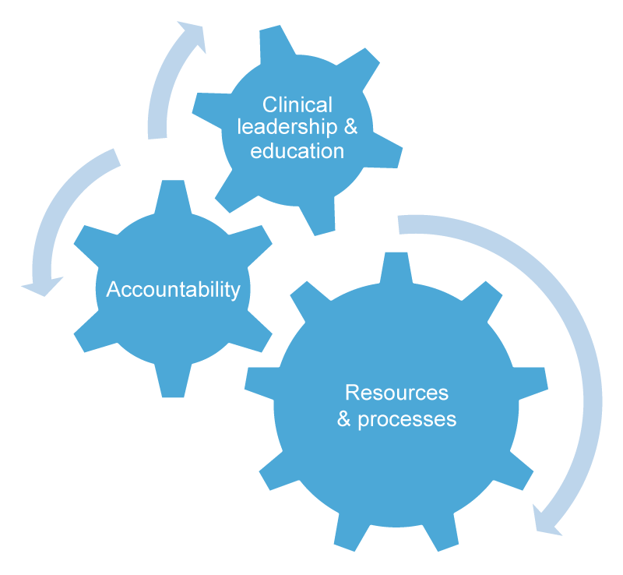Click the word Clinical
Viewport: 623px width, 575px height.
pyautogui.click(x=297, y=105)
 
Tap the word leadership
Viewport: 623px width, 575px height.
pyautogui.click(x=287, y=127)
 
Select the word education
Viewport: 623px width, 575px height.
pyautogui.click(x=297, y=151)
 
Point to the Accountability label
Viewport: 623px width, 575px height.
pyautogui.click(x=173, y=290)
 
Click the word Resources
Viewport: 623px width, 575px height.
pyautogui.click(x=396, y=393)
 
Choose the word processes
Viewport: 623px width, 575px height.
pyautogui.click(x=407, y=420)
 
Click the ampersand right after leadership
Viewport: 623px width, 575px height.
pyautogui.click(x=350, y=127)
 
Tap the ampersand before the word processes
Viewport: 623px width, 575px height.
pyautogui.click(x=344, y=419)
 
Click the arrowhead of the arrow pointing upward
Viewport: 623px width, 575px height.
pyautogui.click(x=194, y=35)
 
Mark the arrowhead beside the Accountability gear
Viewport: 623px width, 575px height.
pyautogui.click(x=43, y=285)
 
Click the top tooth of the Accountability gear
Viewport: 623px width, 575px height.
pyautogui.click(x=173, y=198)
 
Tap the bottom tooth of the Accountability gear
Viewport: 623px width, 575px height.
pyautogui.click(x=173, y=380)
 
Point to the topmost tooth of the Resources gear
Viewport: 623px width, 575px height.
pyautogui.click(x=396, y=267)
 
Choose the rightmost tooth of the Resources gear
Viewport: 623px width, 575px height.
pyautogui.click(x=531, y=383)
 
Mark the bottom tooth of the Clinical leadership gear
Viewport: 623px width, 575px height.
pyautogui.click(x=317, y=217)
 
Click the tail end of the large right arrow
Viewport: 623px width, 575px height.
pyautogui.click(x=398, y=225)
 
